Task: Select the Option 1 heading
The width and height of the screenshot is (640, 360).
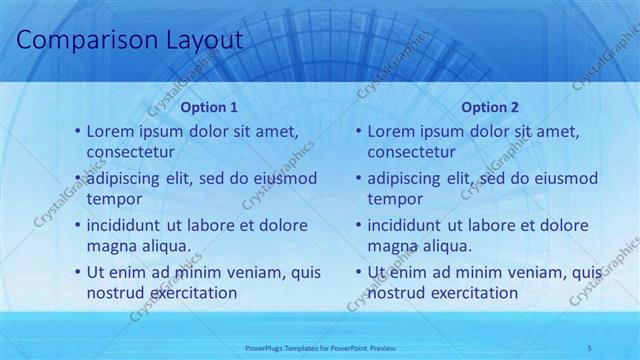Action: (209, 108)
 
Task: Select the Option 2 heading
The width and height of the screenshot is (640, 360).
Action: (490, 108)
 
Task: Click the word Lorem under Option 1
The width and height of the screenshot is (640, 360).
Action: (110, 132)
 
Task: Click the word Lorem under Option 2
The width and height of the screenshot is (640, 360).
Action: (391, 132)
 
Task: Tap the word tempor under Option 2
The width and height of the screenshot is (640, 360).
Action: (396, 200)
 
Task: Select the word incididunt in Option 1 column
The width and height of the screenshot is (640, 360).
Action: (126, 225)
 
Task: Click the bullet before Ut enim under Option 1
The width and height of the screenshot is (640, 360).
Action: (79, 273)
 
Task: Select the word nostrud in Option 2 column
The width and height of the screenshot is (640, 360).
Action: (397, 294)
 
